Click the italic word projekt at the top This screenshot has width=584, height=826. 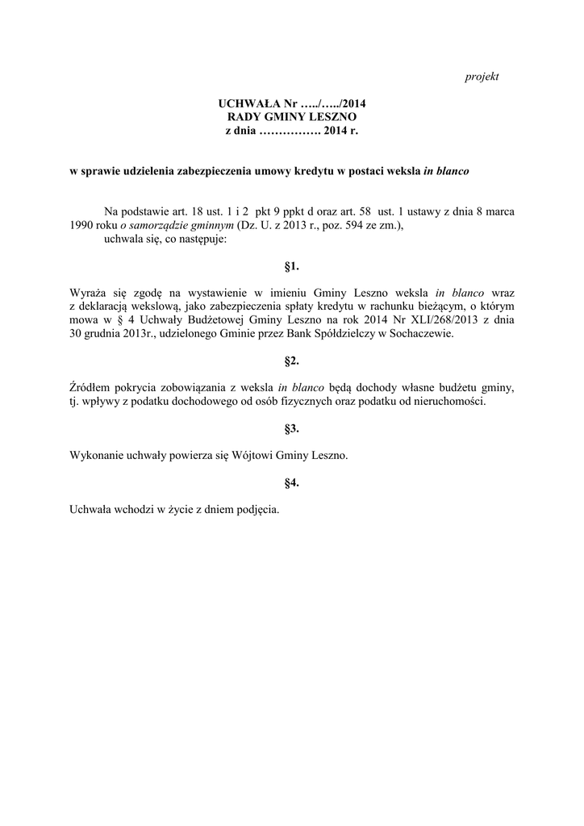(x=482, y=76)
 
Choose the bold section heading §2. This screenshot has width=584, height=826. (x=292, y=360)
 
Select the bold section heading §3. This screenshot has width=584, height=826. (x=292, y=428)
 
